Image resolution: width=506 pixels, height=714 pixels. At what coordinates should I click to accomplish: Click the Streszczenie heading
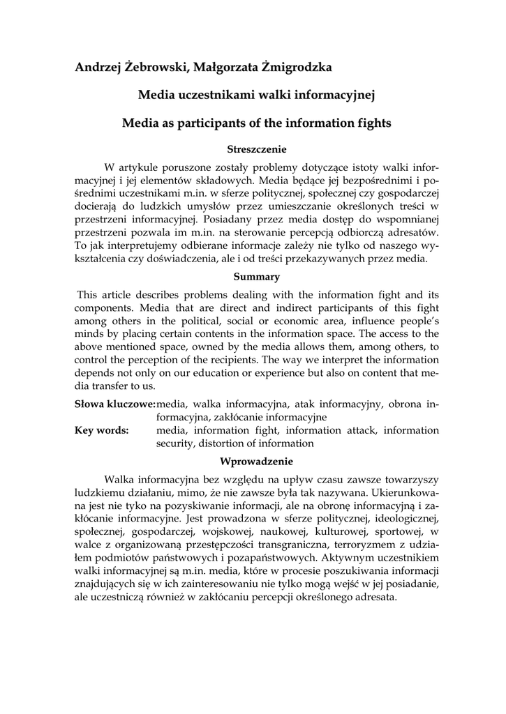pos(257,149)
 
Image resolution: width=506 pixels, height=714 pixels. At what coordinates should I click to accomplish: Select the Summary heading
pos(257,277)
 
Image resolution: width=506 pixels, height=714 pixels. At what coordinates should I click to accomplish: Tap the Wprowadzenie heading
pos(257,461)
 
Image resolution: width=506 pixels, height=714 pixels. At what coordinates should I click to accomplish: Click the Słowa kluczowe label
pos(114,404)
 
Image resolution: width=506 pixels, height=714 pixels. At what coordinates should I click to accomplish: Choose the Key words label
pos(101,430)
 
